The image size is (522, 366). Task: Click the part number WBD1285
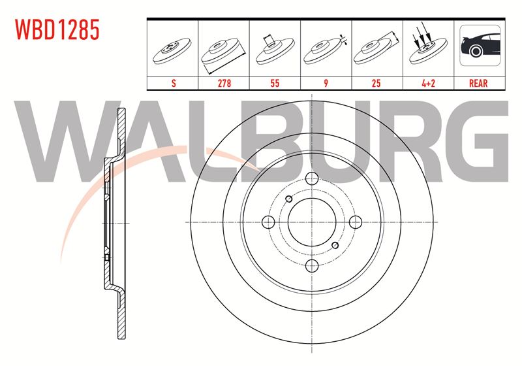57,29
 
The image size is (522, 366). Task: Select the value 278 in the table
224,83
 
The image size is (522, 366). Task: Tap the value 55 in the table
275,83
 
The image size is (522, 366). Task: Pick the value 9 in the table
326,83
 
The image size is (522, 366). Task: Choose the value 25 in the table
376,83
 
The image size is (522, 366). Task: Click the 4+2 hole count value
428,83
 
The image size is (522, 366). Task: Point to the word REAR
478,83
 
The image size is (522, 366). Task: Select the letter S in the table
174,83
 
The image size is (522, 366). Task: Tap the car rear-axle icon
480,45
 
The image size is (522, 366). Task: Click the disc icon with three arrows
428,46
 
